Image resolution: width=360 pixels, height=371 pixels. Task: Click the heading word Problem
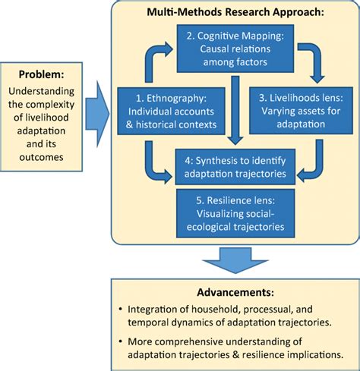click(41, 74)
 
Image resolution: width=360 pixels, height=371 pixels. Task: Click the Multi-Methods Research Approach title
click(235, 12)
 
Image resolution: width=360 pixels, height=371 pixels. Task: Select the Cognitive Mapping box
click(235, 49)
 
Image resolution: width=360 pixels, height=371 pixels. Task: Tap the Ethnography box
click(171, 111)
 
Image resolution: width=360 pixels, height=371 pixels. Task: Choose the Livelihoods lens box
click(301, 111)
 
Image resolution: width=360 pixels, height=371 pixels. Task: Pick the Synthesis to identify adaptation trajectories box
click(235, 167)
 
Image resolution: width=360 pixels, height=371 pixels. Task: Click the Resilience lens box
click(235, 213)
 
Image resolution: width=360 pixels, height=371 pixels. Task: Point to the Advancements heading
click(235, 292)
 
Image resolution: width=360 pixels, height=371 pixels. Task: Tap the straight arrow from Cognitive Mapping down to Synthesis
click(235, 110)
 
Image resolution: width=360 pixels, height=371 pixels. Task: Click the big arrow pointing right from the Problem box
click(97, 114)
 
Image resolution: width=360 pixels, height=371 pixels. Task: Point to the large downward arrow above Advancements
click(235, 260)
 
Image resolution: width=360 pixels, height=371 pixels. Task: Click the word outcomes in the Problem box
click(41, 157)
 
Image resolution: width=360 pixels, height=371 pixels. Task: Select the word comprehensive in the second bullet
click(189, 341)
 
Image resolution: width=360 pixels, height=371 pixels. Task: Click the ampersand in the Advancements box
click(235, 354)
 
